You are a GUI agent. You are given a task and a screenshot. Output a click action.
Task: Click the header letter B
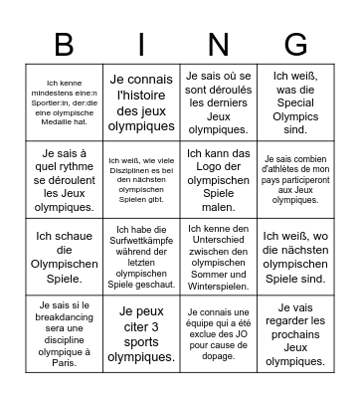(65, 44)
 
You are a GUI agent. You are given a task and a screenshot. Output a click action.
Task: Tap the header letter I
(141, 44)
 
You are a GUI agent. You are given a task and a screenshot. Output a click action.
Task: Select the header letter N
(218, 44)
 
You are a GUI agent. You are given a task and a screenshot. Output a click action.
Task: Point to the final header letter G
(295, 44)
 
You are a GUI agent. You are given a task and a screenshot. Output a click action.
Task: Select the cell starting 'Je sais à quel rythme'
(65, 179)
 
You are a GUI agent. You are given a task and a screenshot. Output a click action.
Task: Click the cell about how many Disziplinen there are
(141, 179)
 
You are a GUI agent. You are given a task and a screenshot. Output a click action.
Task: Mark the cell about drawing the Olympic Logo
(218, 179)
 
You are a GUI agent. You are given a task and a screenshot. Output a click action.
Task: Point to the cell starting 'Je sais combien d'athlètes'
(295, 179)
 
